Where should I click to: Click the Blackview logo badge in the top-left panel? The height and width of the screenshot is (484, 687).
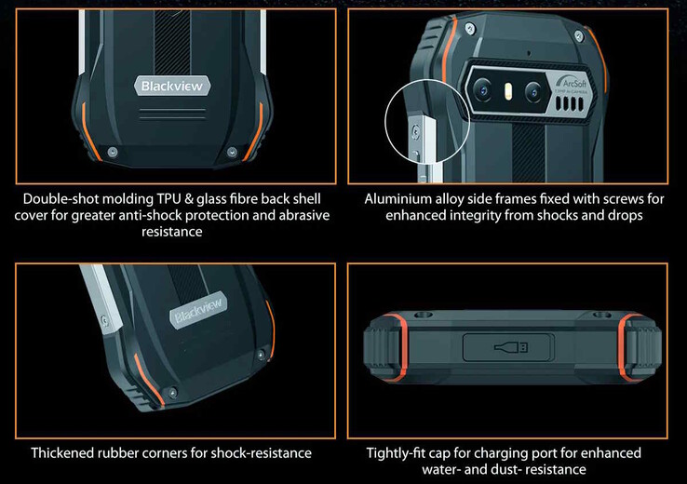point(172,86)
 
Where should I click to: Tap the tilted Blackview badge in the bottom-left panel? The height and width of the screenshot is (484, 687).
point(198,311)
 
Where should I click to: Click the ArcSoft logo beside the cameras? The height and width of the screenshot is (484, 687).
point(571,83)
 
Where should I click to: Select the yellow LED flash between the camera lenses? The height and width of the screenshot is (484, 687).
point(507,91)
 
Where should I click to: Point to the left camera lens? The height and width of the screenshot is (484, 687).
point(482,90)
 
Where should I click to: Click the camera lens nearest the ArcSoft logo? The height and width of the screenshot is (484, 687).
point(533,92)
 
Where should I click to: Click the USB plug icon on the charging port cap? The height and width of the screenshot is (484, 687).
point(510,347)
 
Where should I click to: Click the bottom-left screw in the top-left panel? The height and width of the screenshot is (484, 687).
point(112,152)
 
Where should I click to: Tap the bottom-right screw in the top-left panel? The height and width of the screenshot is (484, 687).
point(232,152)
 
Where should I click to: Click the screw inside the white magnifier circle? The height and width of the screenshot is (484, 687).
point(415,130)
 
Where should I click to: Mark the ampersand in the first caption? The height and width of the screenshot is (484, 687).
point(188,199)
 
